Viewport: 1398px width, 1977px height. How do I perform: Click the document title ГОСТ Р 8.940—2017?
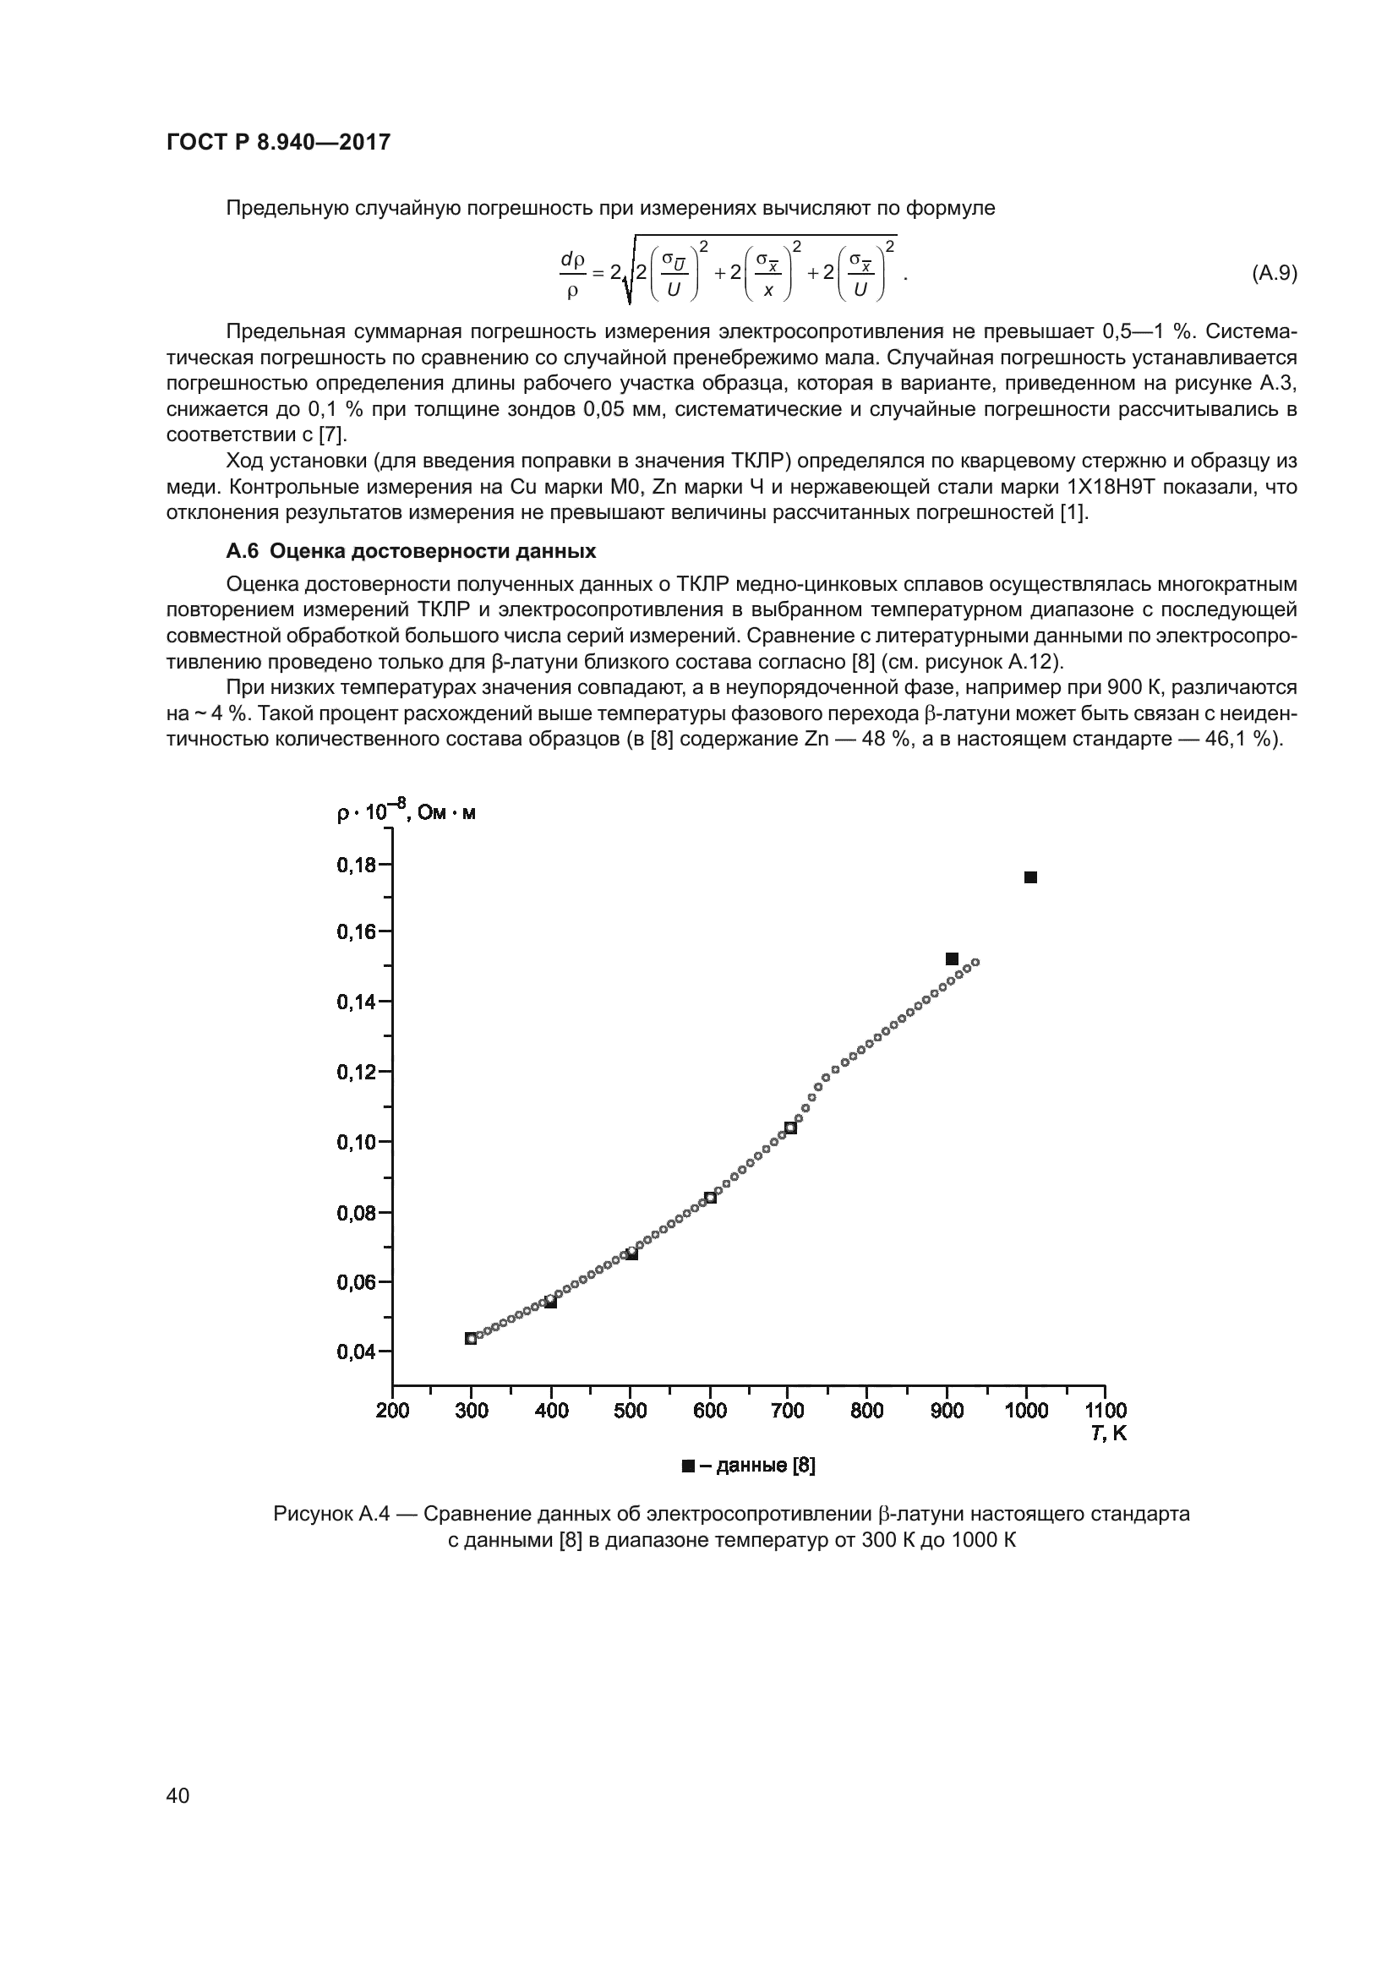278,142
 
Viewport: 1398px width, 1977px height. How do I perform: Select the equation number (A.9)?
1273,273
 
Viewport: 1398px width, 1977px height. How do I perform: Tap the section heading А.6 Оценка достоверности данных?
411,550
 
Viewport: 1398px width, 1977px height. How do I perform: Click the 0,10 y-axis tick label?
356,1142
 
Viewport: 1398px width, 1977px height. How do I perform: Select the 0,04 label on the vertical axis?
356,1352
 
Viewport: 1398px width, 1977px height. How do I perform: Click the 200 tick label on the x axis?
392,1411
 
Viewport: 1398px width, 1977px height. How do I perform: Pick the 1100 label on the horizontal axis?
1106,1411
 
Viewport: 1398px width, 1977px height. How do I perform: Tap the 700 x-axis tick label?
787,1411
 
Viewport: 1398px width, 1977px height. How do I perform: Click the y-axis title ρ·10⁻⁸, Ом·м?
406,812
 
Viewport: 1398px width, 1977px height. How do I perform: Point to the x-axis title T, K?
1109,1433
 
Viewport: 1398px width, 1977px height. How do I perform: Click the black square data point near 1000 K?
1030,877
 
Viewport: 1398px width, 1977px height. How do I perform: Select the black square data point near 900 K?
952,959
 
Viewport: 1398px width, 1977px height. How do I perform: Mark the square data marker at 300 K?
471,1338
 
